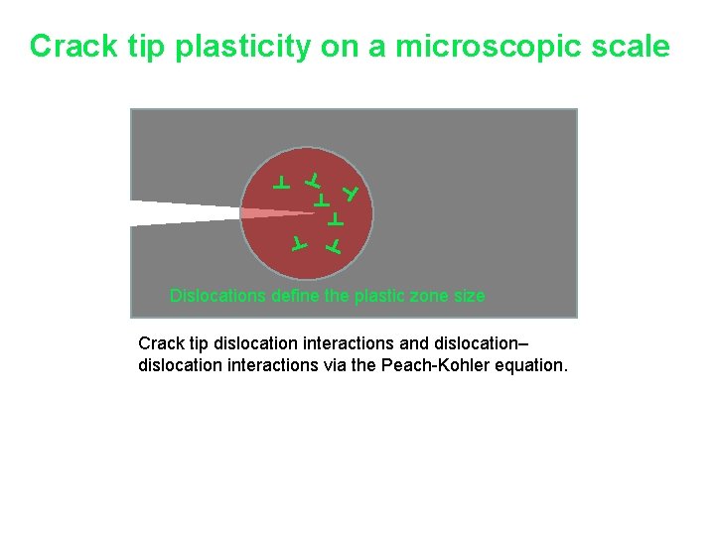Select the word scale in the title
(631, 47)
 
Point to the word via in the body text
(366, 366)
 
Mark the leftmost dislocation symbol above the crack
(282, 182)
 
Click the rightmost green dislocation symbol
(351, 191)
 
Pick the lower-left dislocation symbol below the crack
(299, 242)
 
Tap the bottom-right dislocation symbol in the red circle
(335, 244)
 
